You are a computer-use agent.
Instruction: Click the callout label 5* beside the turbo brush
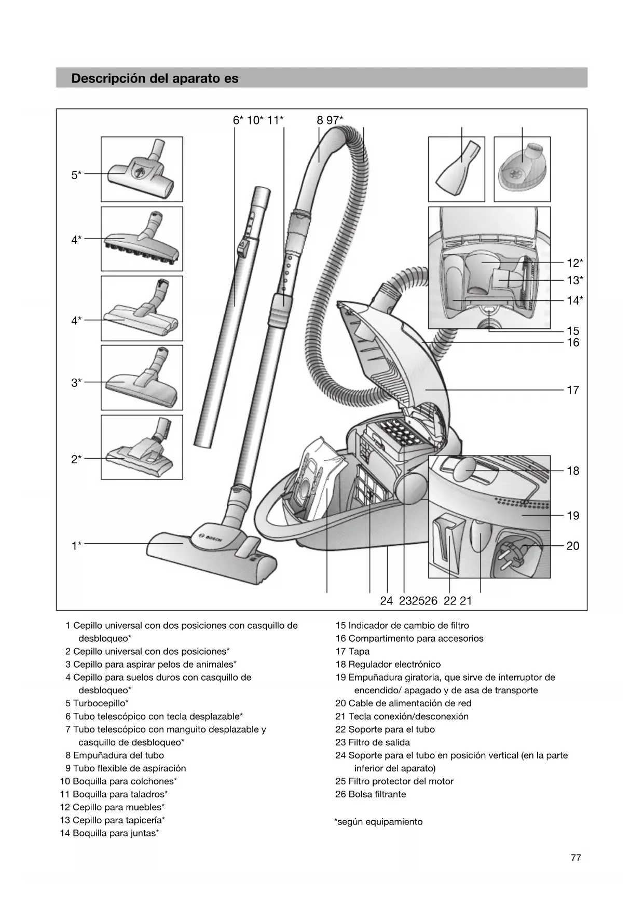click(76, 175)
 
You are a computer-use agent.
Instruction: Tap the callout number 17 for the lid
click(572, 390)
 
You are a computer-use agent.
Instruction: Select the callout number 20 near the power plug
click(572, 546)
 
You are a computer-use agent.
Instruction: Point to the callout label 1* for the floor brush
click(76, 545)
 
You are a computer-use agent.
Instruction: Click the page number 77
click(576, 858)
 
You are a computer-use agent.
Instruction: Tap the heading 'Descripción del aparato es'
click(155, 78)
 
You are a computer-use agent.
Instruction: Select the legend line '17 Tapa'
click(352, 652)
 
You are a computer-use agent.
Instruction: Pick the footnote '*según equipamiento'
click(378, 822)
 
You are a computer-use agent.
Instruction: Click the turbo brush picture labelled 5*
click(141, 169)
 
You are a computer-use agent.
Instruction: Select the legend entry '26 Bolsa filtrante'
click(371, 794)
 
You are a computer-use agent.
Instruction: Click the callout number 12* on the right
click(574, 263)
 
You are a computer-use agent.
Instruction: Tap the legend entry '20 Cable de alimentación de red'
click(403, 704)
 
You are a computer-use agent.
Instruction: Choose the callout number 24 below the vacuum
click(386, 601)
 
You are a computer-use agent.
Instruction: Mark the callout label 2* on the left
click(76, 459)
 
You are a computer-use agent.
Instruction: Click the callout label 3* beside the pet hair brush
click(76, 383)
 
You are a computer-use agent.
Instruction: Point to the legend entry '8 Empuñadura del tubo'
click(115, 755)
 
